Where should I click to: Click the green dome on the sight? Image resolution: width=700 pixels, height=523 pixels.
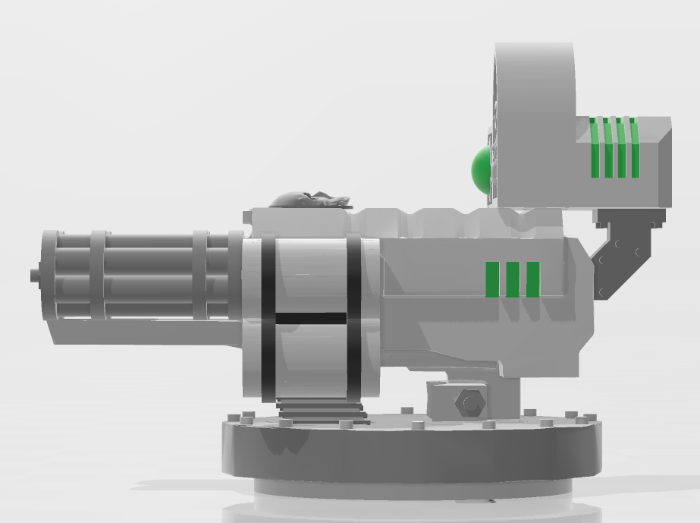point(480,169)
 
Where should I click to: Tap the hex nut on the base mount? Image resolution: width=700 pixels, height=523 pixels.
point(470,402)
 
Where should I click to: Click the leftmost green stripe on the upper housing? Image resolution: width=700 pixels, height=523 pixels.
point(595,148)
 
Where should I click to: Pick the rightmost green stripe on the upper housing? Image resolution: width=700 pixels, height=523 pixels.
point(635,148)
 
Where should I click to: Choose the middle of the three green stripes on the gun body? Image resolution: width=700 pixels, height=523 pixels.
point(513,279)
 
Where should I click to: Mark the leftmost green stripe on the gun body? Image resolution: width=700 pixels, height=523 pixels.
point(492,279)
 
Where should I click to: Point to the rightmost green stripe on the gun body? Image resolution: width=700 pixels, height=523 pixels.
point(533,279)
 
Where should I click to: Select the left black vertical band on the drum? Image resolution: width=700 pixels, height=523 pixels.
point(268,319)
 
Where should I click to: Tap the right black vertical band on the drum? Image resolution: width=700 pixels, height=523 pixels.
point(354,319)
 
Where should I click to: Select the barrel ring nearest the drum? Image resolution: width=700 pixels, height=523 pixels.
point(199,275)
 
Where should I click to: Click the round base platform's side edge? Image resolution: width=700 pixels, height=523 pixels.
point(410,455)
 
